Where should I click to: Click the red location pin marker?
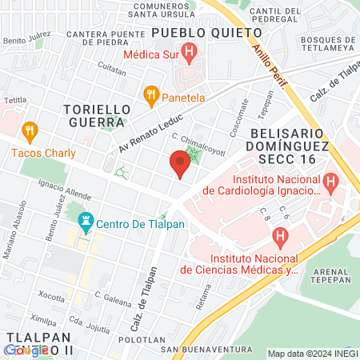click(x=180, y=165)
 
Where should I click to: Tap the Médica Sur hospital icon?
click(x=189, y=54)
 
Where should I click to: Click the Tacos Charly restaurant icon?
click(x=30, y=130)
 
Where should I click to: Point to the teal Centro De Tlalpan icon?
click(x=85, y=220)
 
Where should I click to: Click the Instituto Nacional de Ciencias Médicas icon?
click(x=279, y=237)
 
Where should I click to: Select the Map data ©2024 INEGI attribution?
click(x=313, y=354)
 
